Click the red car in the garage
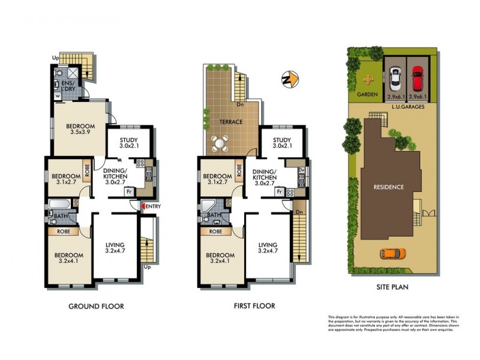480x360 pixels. tap(417, 76)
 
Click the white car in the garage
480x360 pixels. tap(395, 76)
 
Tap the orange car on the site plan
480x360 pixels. tap(392, 253)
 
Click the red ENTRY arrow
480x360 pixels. tap(142, 207)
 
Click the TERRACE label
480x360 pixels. tap(230, 122)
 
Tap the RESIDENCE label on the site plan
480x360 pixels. tap(388, 187)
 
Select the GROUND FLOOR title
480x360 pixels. tap(96, 306)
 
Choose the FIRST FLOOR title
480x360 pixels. tap(254, 306)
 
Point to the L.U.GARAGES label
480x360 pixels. tap(409, 106)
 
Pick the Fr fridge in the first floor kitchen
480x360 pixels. tap(280, 192)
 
